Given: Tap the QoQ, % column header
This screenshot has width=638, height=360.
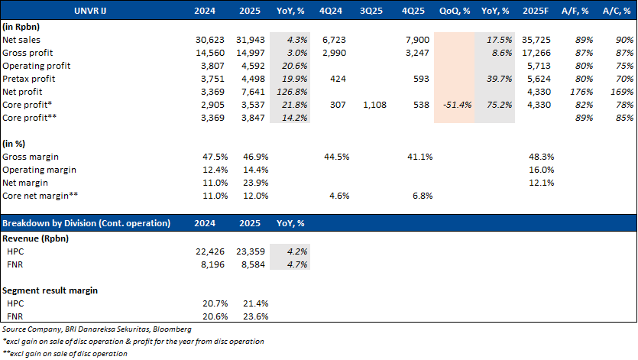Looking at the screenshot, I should click(x=454, y=11).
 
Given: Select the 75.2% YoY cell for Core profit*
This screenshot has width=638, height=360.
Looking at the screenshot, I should click(x=494, y=105).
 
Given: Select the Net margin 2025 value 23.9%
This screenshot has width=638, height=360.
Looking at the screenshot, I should click(x=251, y=183).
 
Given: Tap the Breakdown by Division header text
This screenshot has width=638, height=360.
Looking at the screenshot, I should click(x=86, y=222).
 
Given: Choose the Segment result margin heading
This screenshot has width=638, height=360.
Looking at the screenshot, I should click(x=50, y=290).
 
